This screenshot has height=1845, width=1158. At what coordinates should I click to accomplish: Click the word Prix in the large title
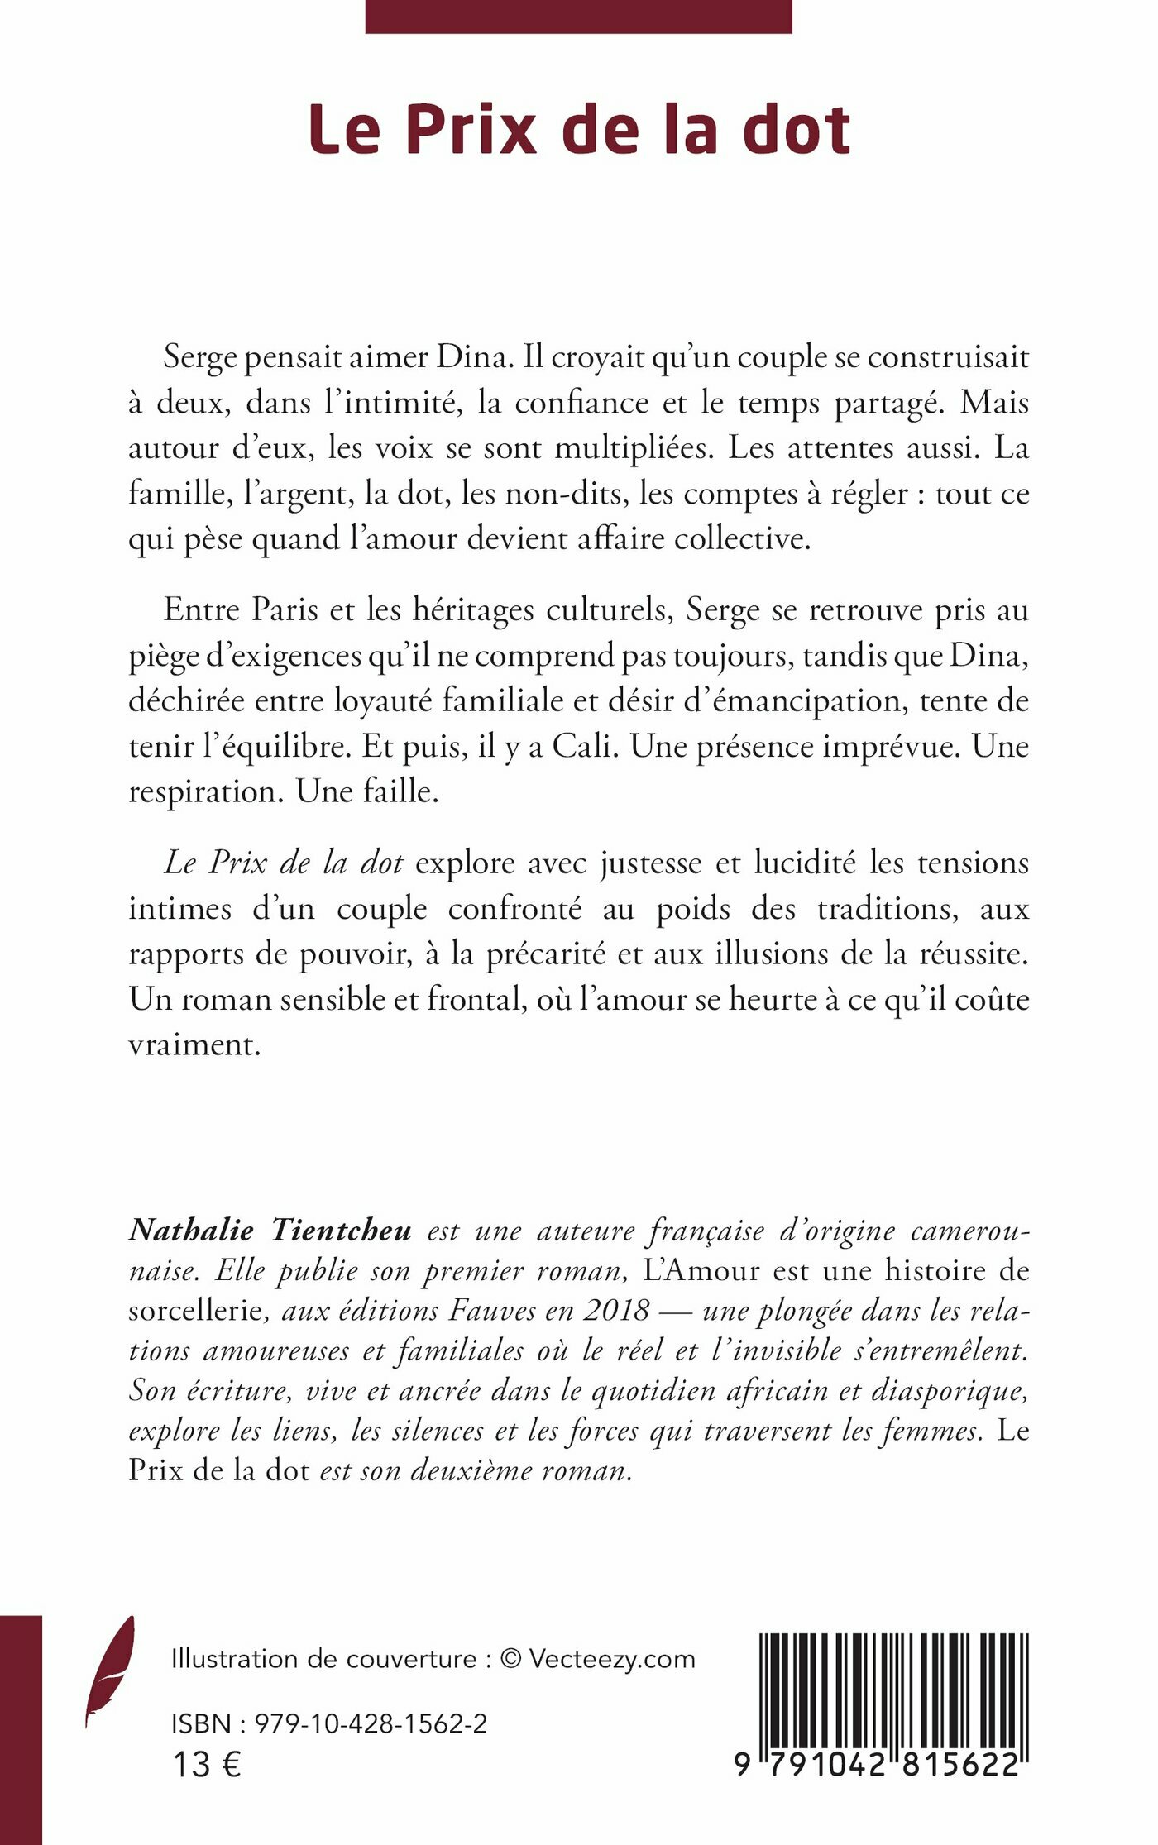[471, 130]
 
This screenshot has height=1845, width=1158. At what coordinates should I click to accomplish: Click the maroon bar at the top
[578, 17]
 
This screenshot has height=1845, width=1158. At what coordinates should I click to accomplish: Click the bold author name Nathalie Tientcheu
[270, 1231]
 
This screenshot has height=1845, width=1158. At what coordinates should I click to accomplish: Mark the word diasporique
[950, 1390]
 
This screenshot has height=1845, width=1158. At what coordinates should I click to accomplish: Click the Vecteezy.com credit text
[612, 1659]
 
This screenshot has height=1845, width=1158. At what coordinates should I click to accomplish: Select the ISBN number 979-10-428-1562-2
[371, 1723]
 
